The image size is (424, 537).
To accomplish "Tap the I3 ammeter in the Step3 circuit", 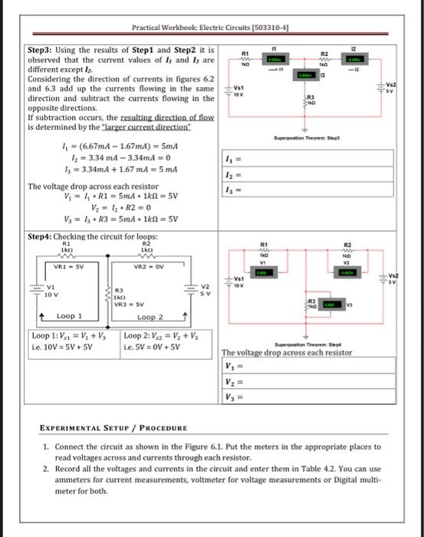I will click(306, 75).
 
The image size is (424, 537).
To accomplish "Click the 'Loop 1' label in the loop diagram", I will click(70, 316).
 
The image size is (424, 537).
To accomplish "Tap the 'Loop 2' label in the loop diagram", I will click(150, 316).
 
